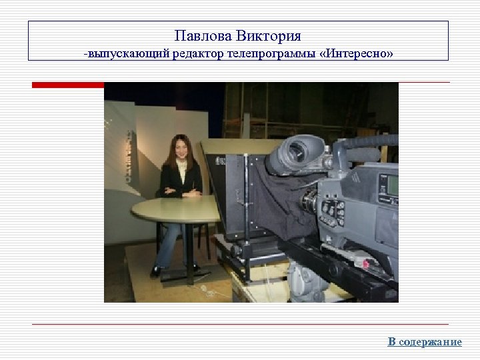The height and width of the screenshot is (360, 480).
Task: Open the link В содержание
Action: [x=425, y=342]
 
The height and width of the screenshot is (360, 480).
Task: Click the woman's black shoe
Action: [x=157, y=271]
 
